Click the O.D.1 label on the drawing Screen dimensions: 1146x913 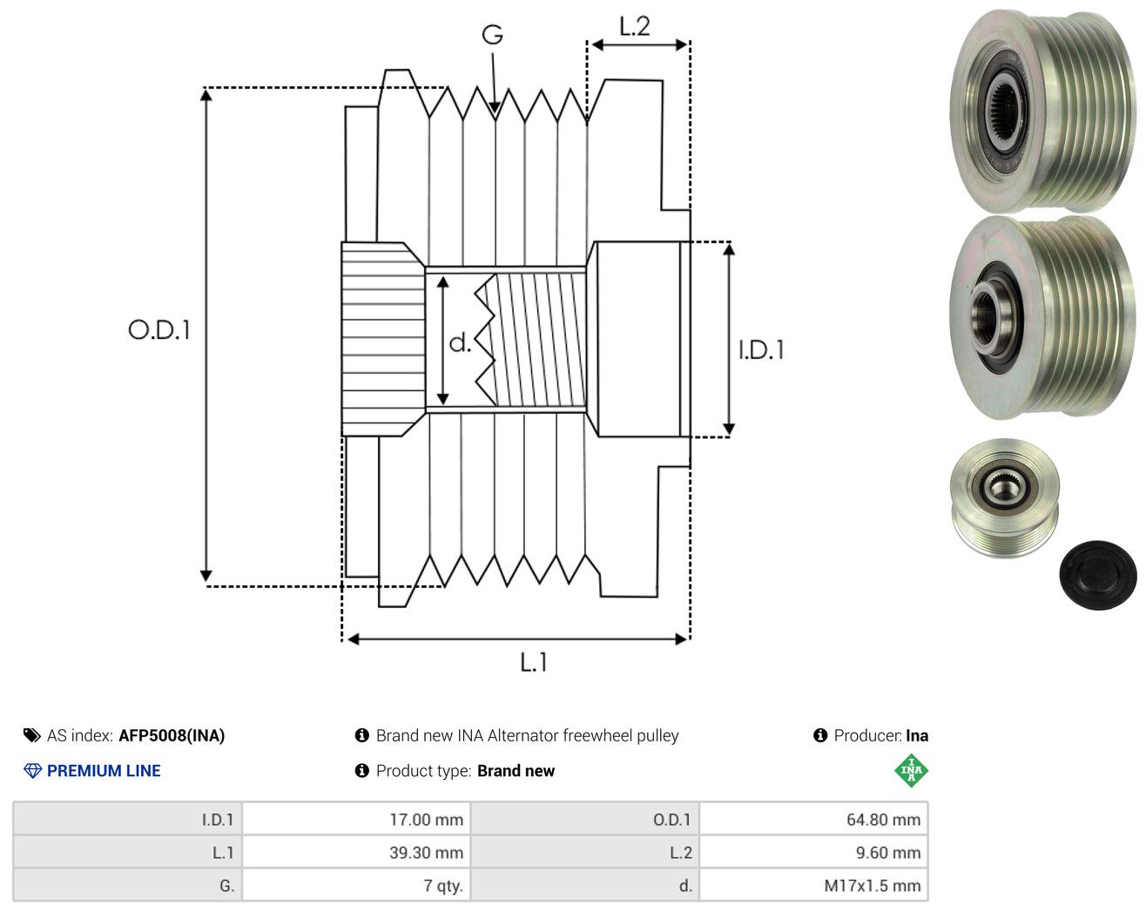pyautogui.click(x=159, y=329)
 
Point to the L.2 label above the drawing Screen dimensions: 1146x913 pyautogui.click(x=634, y=26)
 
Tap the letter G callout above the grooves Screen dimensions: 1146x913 pyautogui.click(x=492, y=35)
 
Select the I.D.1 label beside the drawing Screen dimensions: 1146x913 pyautogui.click(x=761, y=350)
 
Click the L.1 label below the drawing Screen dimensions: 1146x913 pyautogui.click(x=533, y=662)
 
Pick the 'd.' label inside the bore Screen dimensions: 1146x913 pyautogui.click(x=460, y=342)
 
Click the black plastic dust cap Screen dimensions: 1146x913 pyautogui.click(x=1097, y=576)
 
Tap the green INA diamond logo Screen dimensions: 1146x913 pyautogui.click(x=911, y=770)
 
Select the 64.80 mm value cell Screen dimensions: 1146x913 pyautogui.click(x=813, y=819)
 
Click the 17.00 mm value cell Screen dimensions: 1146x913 pyautogui.click(x=356, y=819)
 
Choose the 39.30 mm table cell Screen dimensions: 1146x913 pyautogui.click(x=356, y=852)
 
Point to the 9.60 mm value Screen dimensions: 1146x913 pyautogui.click(x=887, y=852)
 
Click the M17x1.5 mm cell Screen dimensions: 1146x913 pyautogui.click(x=813, y=885)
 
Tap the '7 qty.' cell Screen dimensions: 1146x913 pyautogui.click(x=356, y=885)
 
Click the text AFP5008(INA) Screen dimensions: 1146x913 pyautogui.click(x=172, y=735)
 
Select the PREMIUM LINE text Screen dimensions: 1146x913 pyautogui.click(x=104, y=771)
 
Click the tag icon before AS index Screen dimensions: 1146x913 pyautogui.click(x=32, y=735)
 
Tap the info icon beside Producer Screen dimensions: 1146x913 pyautogui.click(x=820, y=735)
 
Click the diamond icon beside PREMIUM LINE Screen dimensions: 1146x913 pyautogui.click(x=32, y=771)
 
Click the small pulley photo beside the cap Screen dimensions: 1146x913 pyautogui.click(x=1004, y=498)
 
